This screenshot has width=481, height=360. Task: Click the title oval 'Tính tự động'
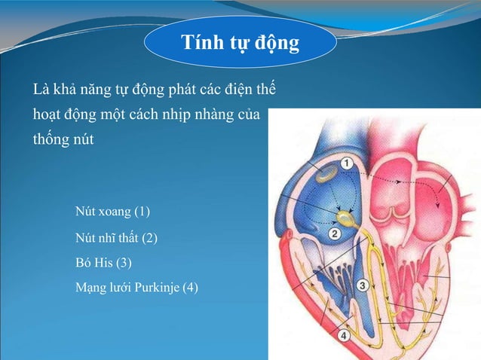pyautogui.click(x=240, y=42)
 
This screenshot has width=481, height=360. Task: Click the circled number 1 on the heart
pyautogui.click(x=346, y=163)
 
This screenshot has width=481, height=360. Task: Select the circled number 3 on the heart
pyautogui.click(x=362, y=285)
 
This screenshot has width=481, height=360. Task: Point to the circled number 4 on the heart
pyautogui.click(x=344, y=335)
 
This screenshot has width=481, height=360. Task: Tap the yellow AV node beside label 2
pyautogui.click(x=346, y=219)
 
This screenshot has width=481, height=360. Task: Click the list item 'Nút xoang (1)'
pyautogui.click(x=112, y=209)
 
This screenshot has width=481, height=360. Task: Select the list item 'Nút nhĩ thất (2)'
pyautogui.click(x=116, y=238)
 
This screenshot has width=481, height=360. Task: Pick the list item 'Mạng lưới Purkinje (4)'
pyautogui.click(x=136, y=287)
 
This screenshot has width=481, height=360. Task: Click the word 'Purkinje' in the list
pyautogui.click(x=157, y=287)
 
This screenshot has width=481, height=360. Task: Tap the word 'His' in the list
pyautogui.click(x=103, y=263)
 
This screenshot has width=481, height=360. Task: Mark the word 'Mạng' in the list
pyautogui.click(x=90, y=287)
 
